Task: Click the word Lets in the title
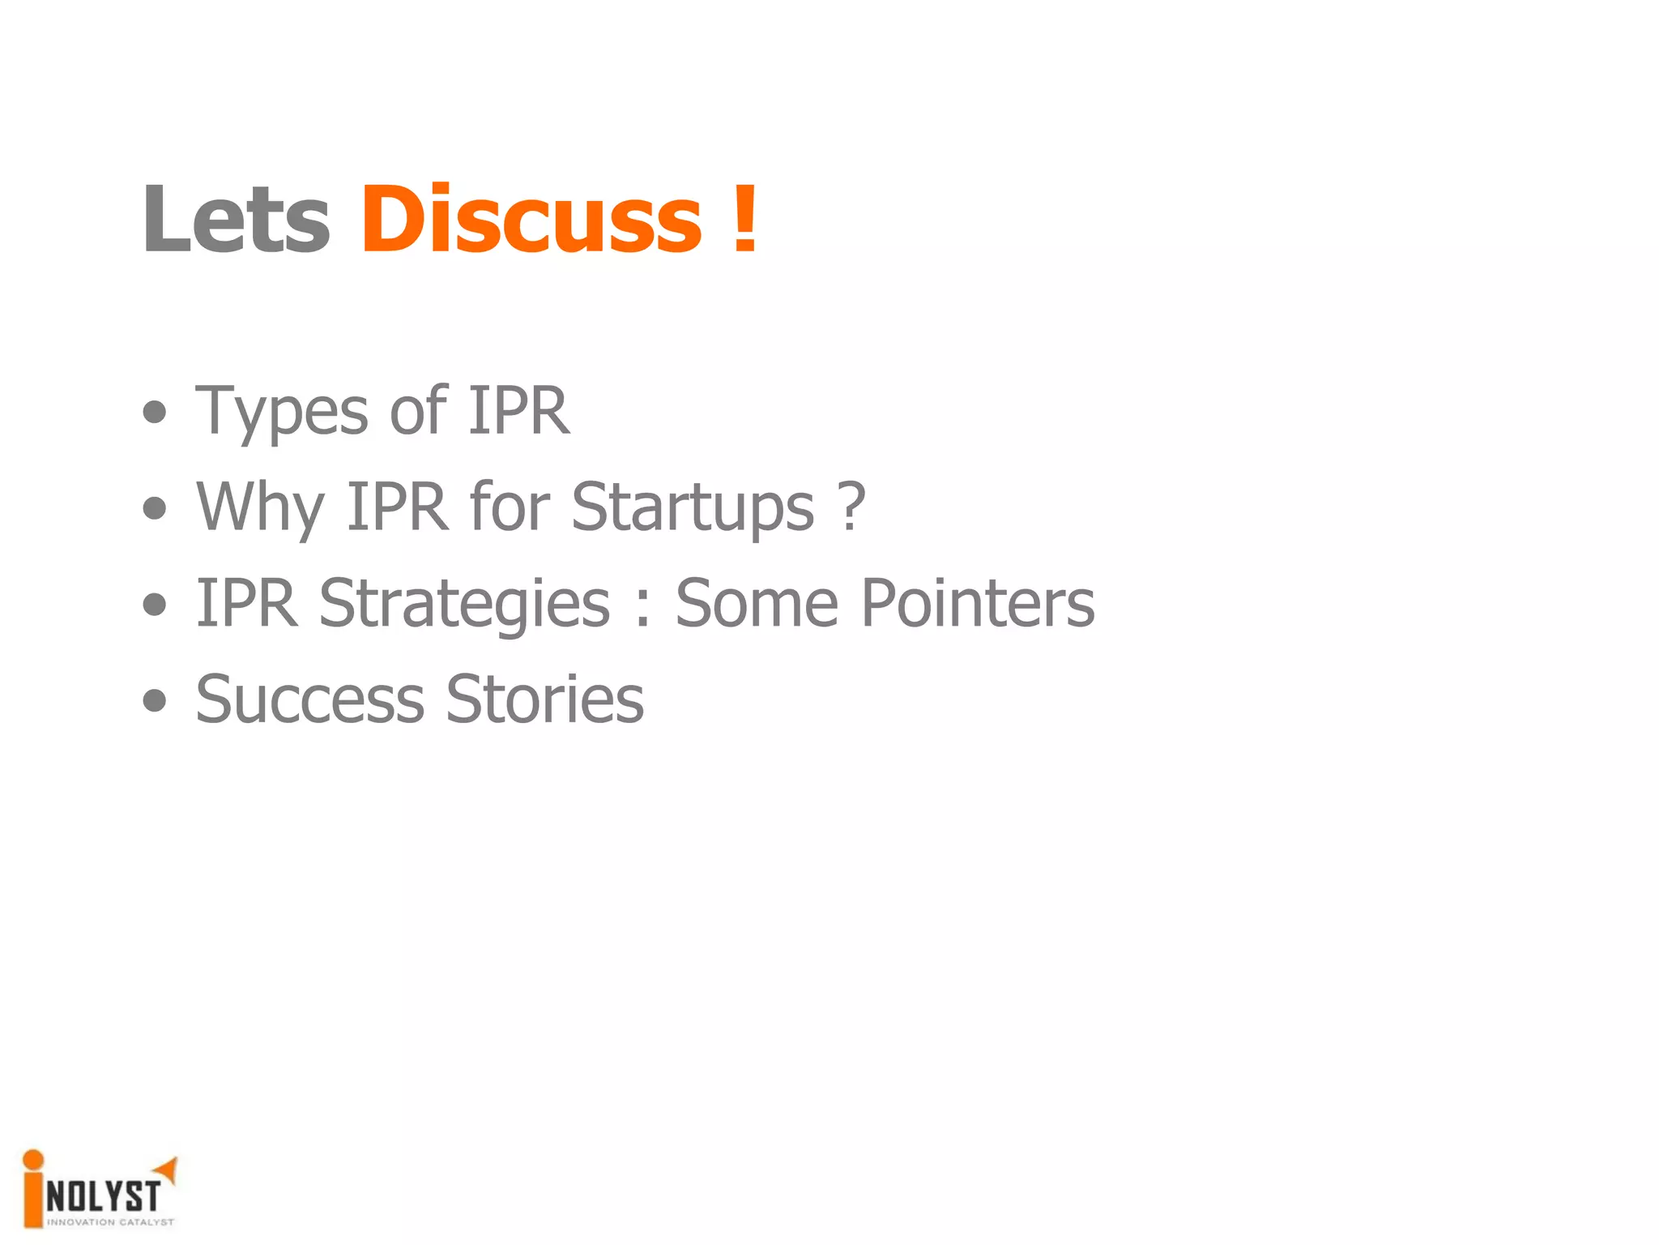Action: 236,219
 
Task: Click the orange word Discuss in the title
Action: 531,219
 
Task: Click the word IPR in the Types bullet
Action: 518,410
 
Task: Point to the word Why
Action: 260,507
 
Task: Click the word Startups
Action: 693,507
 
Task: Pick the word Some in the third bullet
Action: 757,603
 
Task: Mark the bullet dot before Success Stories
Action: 154,700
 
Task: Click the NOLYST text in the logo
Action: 103,1196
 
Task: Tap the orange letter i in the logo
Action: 33,1187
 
